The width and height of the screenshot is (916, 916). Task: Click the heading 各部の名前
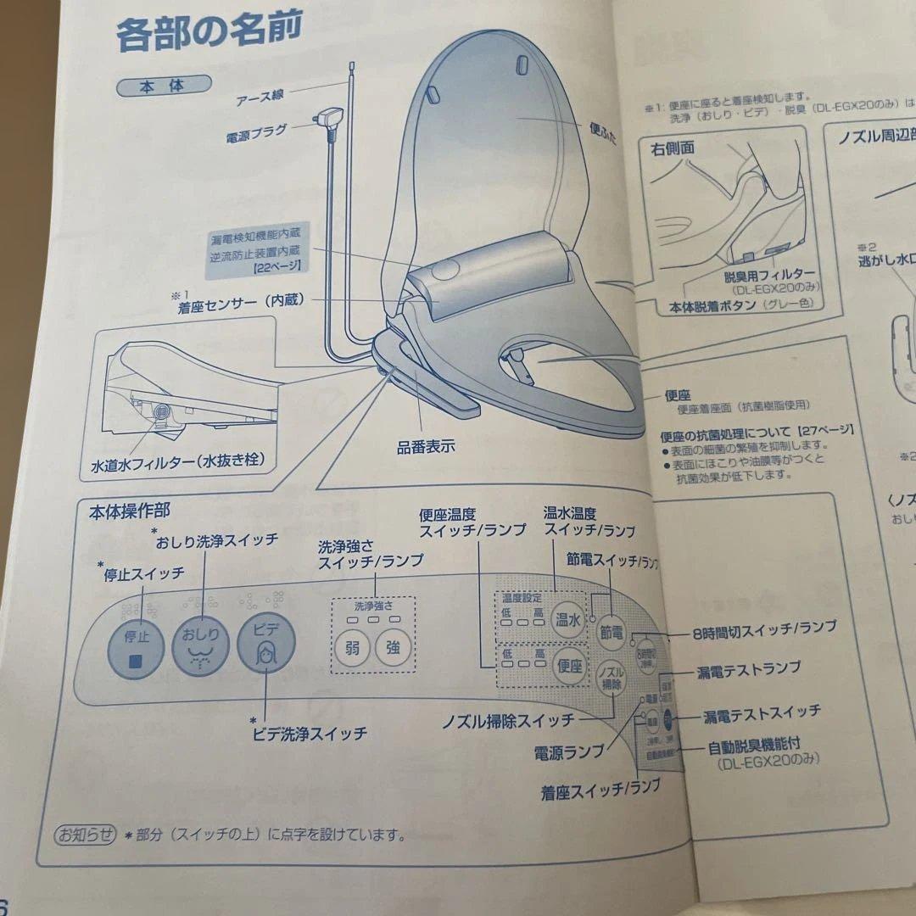pos(209,35)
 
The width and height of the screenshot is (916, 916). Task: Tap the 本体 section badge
pos(163,86)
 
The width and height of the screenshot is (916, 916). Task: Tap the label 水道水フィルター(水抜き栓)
pos(177,463)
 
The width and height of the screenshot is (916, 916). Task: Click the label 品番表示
pos(426,447)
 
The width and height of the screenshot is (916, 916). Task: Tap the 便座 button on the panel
pos(569,667)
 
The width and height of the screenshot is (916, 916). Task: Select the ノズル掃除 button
pos(609,679)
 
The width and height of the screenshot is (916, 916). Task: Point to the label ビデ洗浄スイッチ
pos(309,733)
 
